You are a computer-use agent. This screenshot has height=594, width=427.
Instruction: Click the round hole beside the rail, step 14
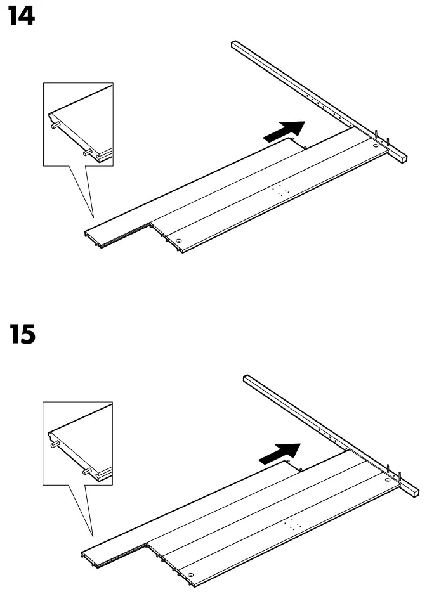pos(376,146)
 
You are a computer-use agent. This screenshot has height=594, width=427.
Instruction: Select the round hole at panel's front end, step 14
pos(178,242)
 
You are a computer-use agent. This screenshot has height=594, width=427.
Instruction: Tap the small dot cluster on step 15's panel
pos(294,524)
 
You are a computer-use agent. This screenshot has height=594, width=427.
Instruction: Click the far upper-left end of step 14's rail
pos(233,45)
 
